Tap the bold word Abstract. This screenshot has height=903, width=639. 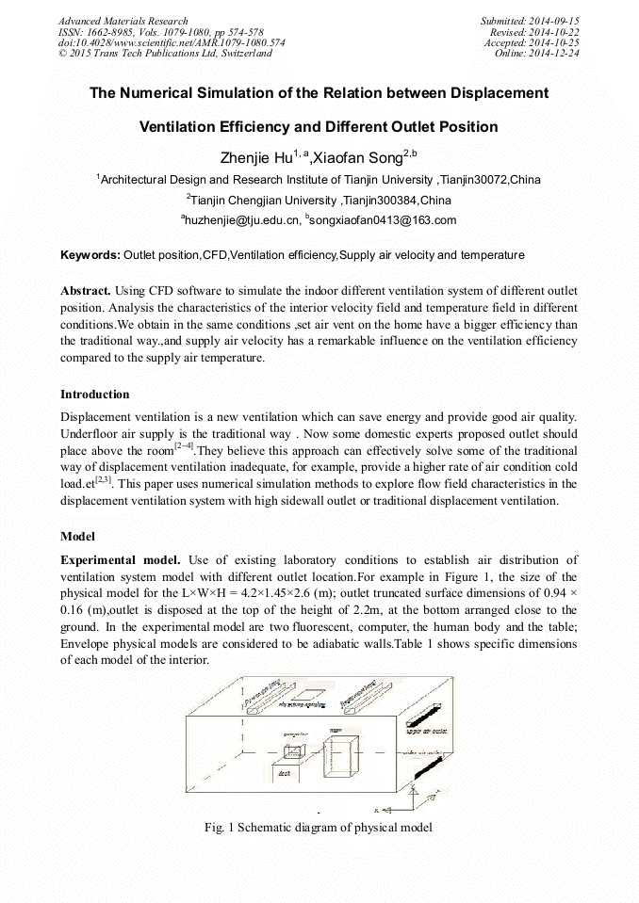86,291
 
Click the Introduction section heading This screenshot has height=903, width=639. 95,394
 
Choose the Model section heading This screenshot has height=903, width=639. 78,536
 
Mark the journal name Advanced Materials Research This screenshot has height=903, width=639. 123,21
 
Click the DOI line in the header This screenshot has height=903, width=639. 172,42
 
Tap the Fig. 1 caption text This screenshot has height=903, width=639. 319,828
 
